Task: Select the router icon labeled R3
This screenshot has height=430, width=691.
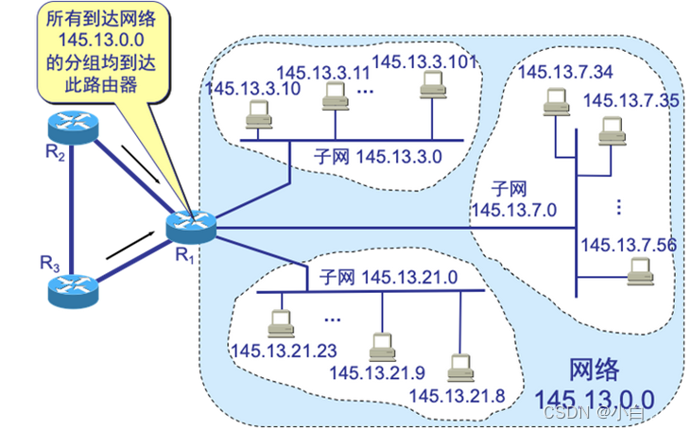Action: click(x=72, y=287)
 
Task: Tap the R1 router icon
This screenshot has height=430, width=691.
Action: click(x=192, y=225)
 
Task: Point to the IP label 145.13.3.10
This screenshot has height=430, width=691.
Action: click(x=240, y=88)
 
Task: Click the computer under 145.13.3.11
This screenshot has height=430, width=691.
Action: click(x=333, y=95)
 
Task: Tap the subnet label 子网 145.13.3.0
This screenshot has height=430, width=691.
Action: click(x=379, y=156)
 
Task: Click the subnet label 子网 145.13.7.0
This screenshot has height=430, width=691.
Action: click(x=514, y=198)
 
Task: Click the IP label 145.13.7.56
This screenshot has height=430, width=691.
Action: click(x=629, y=245)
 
